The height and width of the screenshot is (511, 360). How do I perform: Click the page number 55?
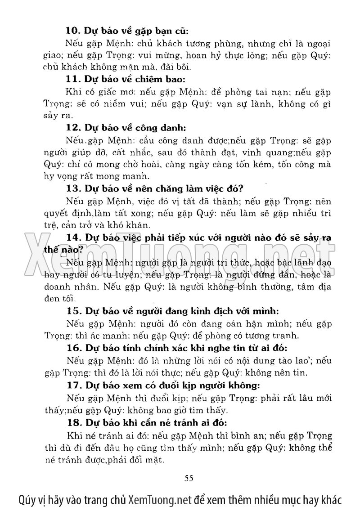point(189,478)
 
